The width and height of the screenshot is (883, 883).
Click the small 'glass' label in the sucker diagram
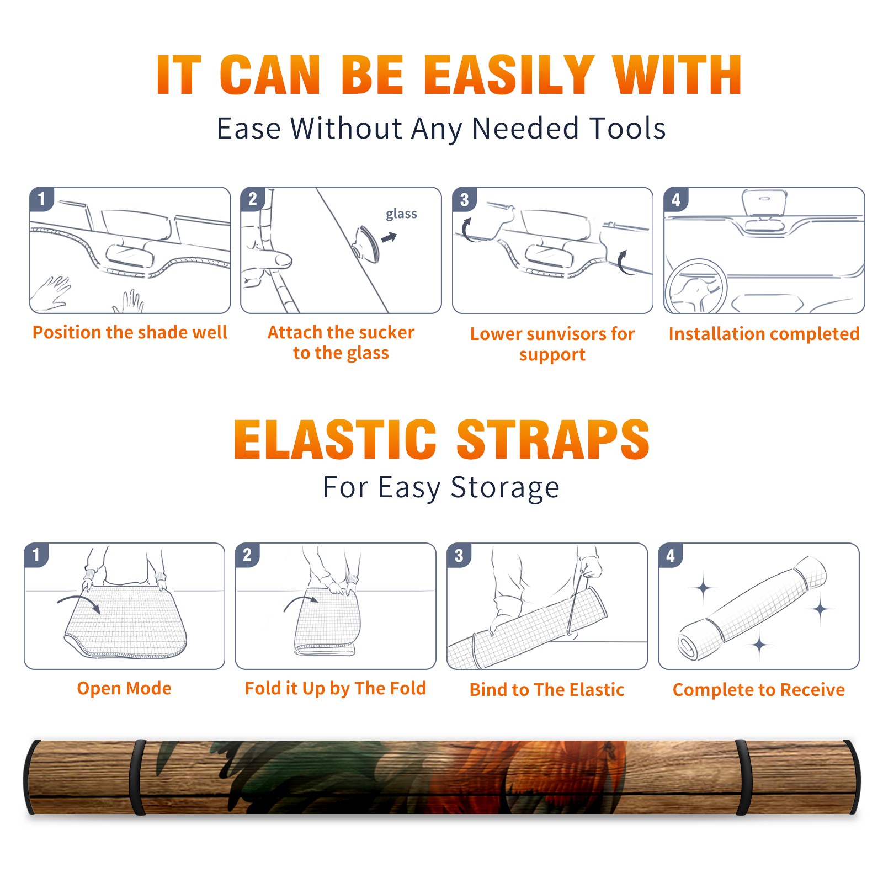tap(401, 214)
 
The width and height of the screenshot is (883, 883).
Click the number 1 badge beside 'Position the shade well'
tap(42, 199)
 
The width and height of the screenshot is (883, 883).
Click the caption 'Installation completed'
tap(764, 334)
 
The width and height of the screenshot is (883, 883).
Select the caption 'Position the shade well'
tap(130, 332)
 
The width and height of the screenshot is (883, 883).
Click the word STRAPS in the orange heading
tap(553, 439)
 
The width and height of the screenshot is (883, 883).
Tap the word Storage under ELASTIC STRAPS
tap(505, 488)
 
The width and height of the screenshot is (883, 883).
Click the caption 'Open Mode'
tap(124, 688)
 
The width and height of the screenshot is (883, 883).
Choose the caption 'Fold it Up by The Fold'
tap(336, 689)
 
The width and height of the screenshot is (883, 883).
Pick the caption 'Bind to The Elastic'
tap(547, 690)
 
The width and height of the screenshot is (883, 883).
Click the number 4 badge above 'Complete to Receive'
tap(671, 555)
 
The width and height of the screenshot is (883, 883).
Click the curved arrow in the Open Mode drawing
tap(78, 599)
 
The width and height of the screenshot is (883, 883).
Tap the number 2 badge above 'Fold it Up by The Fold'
tap(247, 555)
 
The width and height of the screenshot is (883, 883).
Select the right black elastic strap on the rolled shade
tap(743, 778)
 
